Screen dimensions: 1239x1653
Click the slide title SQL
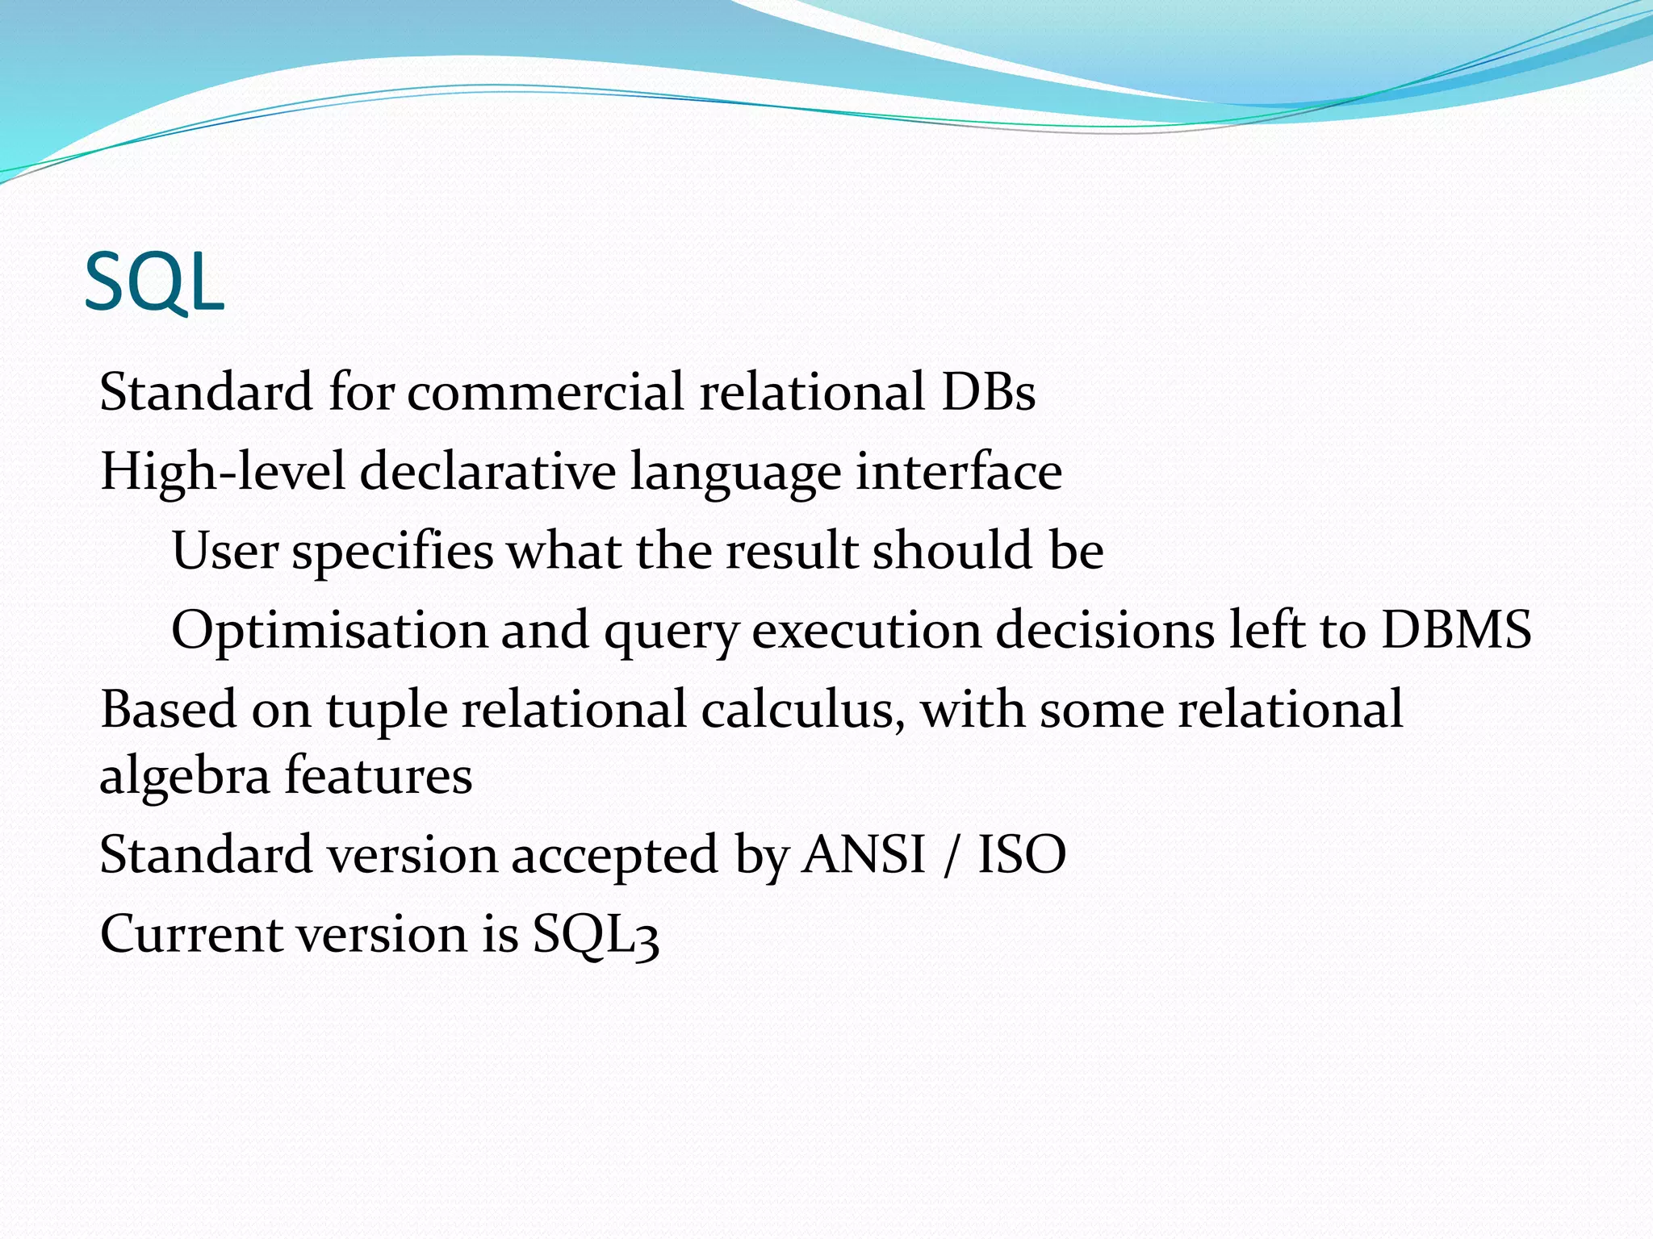[x=153, y=282]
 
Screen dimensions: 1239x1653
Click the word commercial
[x=546, y=392]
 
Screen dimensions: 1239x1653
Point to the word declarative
[x=488, y=471]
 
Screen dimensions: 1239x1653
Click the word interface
[x=959, y=471]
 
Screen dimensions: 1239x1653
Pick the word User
[x=225, y=551]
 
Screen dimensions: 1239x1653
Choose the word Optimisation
[x=329, y=630]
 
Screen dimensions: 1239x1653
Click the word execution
[x=866, y=630]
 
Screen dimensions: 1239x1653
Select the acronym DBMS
[x=1456, y=630]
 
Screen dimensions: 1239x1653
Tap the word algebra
[x=185, y=776]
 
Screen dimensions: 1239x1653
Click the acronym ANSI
[x=863, y=854]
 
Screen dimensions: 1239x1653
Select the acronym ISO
[x=1022, y=854]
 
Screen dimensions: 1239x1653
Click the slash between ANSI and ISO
[x=952, y=855]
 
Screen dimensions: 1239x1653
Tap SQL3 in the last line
[x=596, y=935]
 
